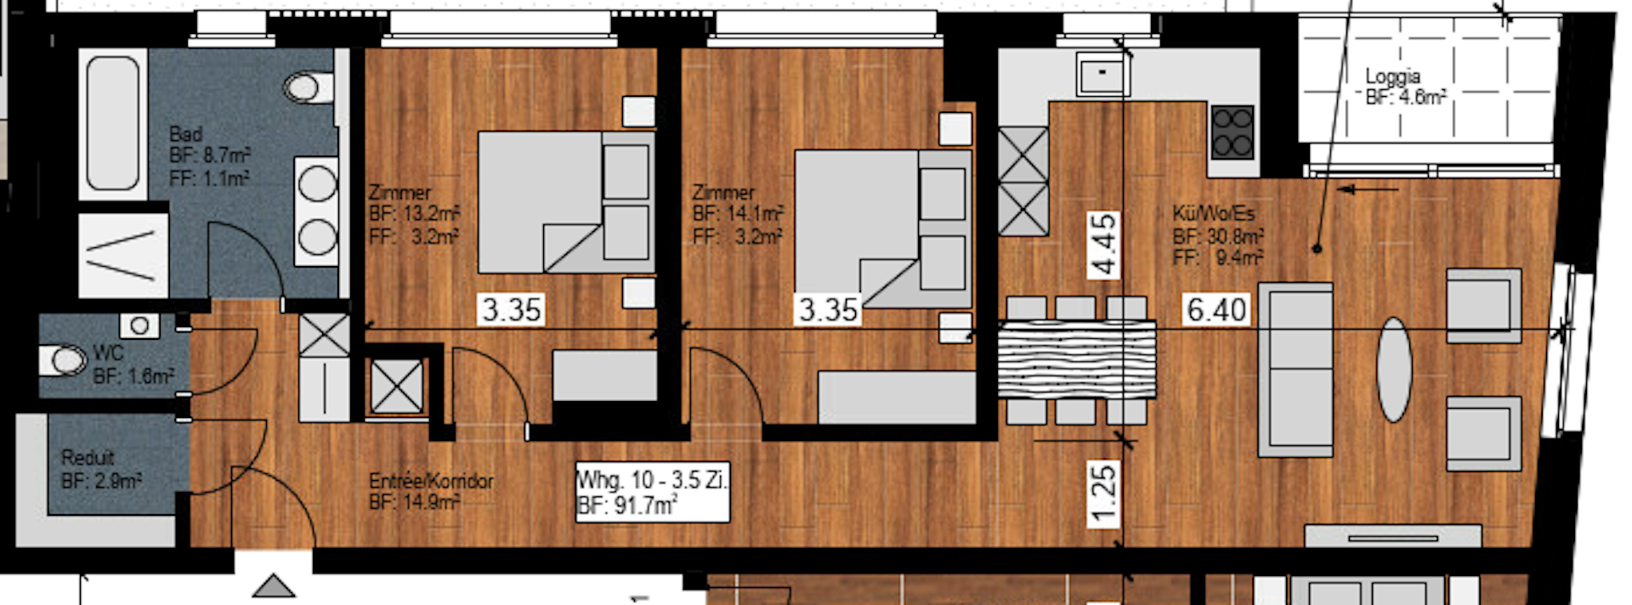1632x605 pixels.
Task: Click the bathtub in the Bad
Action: tap(112, 123)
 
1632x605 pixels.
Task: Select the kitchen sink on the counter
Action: tap(1102, 75)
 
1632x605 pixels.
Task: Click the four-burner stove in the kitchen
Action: tap(1232, 132)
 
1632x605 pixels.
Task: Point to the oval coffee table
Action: tap(1394, 370)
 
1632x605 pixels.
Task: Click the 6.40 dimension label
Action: tap(1216, 310)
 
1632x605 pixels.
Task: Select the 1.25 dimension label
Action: tap(1102, 494)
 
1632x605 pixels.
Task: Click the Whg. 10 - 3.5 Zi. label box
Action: tap(653, 492)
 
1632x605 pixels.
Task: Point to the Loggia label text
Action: tap(1392, 76)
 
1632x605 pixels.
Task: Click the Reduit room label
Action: tap(88, 458)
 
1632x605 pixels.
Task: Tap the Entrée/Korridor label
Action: tap(431, 481)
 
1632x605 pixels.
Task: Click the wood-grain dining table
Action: tap(1077, 359)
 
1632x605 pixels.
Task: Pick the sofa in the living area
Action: tap(1295, 370)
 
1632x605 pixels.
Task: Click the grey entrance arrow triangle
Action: tap(274, 585)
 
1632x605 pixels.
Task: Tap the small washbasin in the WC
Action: tap(139, 325)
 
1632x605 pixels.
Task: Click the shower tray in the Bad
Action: tap(123, 255)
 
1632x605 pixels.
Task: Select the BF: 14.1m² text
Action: tap(737, 214)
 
